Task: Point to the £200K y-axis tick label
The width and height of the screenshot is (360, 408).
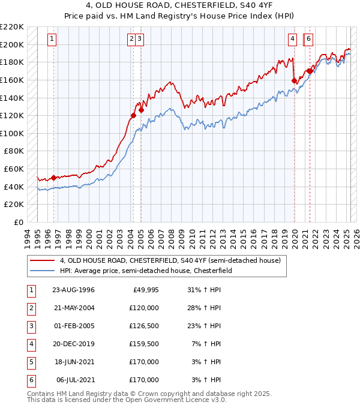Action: click(13, 44)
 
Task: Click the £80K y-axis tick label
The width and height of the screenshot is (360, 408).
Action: click(14, 151)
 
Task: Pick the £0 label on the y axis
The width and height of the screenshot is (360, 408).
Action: click(19, 222)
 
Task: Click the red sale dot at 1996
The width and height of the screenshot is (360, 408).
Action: click(54, 178)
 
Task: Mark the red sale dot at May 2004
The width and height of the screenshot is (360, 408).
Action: click(133, 115)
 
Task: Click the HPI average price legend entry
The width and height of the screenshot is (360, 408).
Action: click(158, 271)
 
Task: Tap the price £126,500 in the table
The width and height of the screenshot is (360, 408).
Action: click(145, 326)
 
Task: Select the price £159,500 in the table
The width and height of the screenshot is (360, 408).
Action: click(145, 344)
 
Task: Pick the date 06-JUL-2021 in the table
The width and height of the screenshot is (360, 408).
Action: click(74, 379)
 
